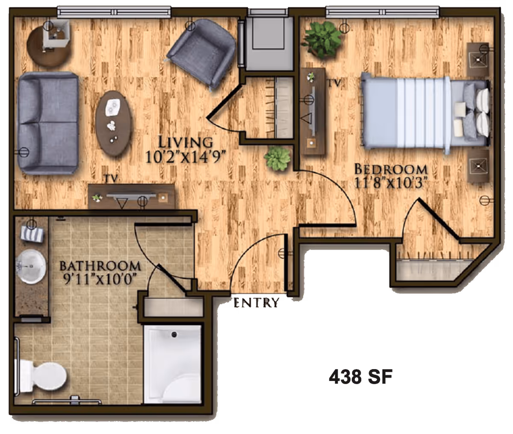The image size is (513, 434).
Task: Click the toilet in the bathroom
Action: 42,376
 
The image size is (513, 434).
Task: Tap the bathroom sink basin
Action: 31,267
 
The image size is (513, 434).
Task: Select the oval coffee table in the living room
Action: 113,123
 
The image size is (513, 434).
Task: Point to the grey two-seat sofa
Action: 48,123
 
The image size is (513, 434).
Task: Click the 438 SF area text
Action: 360,376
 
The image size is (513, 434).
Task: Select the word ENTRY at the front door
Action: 256,303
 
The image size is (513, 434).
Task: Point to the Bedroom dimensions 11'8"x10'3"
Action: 391,184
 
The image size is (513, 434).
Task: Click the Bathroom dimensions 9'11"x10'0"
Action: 100,279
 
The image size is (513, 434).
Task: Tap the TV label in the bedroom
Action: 335,83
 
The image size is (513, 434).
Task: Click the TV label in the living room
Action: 111,179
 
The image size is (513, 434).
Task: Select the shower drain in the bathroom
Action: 174,334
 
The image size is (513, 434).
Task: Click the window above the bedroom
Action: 383,12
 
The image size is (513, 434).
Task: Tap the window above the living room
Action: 114,12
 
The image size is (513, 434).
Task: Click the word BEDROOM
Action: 391,170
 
